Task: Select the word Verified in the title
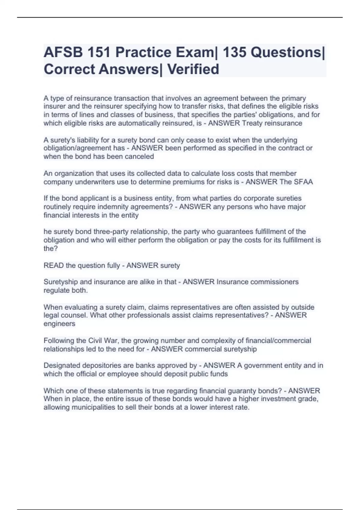point(193,69)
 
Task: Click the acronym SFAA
point(301,182)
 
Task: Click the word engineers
point(59,324)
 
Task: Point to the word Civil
point(95,341)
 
